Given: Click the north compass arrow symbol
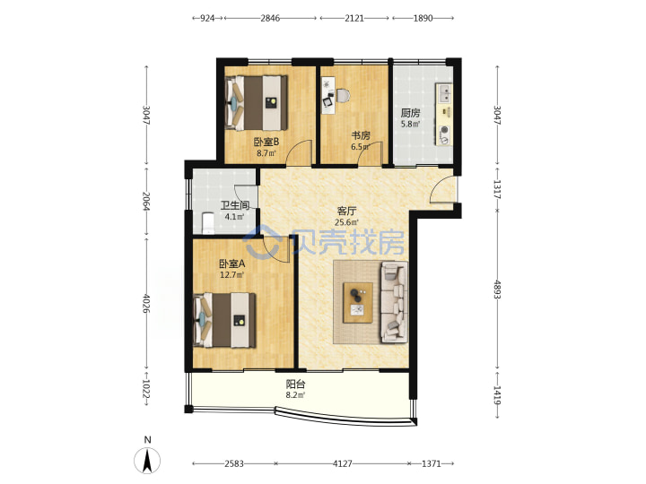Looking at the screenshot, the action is pos(147,460).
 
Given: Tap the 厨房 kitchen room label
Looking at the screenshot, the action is pos(410,113).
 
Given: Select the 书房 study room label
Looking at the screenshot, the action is pos(361,135).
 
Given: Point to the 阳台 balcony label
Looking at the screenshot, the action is pos(295,385).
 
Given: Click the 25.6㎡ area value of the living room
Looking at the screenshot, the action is pos(346,222).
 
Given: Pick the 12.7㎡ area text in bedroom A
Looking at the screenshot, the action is pos(232,275).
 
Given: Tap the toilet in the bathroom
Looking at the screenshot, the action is pos(206,222).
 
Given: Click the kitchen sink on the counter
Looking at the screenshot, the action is pos(444,93).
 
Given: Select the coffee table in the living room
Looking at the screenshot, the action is pos(358,303).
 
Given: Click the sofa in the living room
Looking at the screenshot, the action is pos(394,303).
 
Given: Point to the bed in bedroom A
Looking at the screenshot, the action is pos(224,320).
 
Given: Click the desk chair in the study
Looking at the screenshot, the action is pos(343,96).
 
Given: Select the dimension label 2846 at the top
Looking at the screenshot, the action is pos(270,18).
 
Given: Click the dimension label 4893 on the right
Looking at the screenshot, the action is pos(497,290).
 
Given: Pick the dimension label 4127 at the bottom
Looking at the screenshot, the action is pos(343,464).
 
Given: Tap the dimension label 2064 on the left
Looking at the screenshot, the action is pos(146,201).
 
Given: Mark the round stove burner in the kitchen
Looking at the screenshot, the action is pos(444,131).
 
